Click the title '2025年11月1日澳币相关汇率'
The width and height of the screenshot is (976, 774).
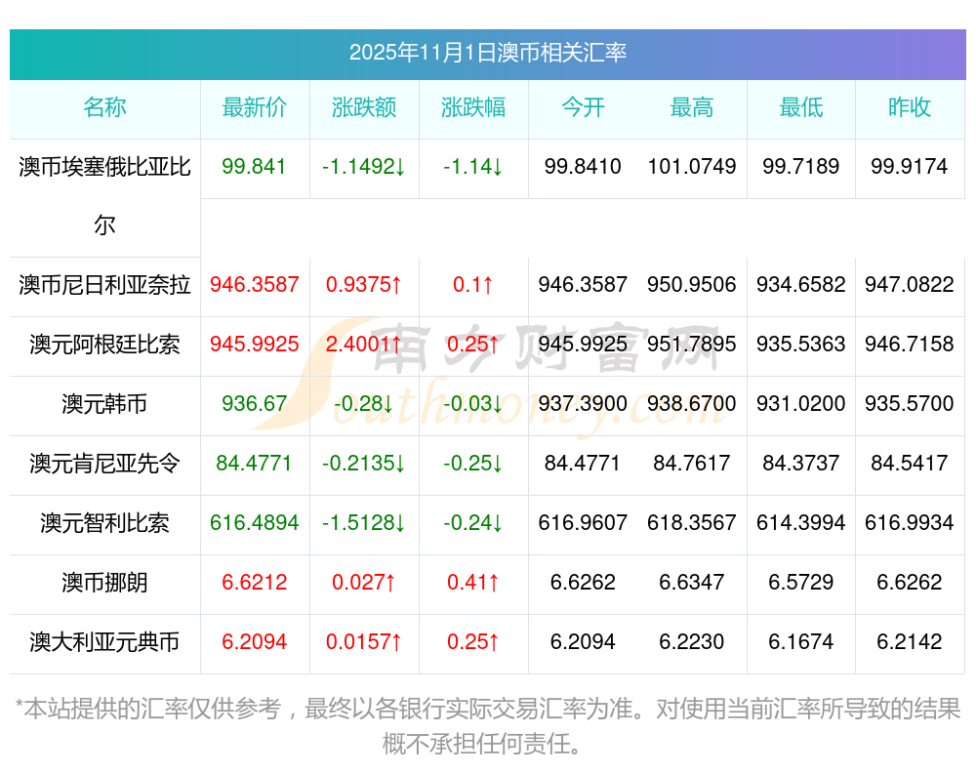coord(487,53)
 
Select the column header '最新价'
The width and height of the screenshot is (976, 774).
coord(255,107)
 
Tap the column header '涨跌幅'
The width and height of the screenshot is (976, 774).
coord(473,107)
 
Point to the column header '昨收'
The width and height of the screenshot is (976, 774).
coord(910,107)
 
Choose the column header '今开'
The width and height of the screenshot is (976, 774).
coord(583,107)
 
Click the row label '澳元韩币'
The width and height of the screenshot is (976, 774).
coord(104,403)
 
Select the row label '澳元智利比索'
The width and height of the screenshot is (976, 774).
coord(104,523)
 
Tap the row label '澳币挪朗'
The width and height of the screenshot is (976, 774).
coord(104,583)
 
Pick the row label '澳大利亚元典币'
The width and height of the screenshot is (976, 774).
coord(104,642)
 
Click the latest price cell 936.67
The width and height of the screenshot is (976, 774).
coord(255,403)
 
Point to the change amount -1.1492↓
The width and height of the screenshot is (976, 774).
coord(364,167)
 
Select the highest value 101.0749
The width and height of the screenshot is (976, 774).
coord(692,167)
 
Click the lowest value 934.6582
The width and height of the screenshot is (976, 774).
coord(801,285)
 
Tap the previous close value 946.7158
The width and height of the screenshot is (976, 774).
coord(910,344)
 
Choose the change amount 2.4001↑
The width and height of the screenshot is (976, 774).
coord(364,344)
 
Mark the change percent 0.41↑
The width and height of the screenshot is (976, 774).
coord(473,583)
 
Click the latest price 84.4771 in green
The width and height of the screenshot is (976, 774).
coord(255,463)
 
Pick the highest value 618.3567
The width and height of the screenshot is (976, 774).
coord(692,523)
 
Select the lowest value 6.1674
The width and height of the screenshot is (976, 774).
coord(801,642)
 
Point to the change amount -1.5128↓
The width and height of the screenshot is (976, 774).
coord(364,523)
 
